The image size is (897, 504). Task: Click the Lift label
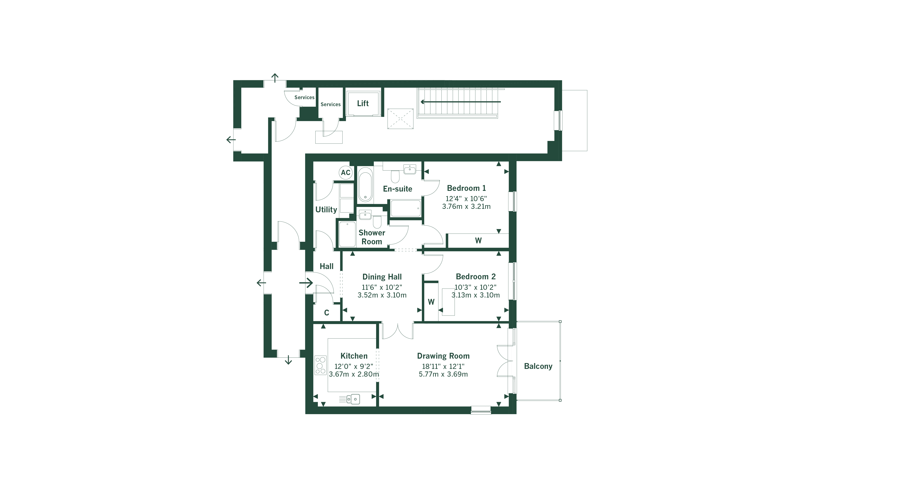tap(363, 103)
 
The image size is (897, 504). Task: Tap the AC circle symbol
tap(345, 172)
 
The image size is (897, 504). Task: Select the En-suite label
tap(397, 189)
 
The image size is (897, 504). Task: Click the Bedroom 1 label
tap(466, 188)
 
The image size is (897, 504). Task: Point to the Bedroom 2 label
tap(476, 276)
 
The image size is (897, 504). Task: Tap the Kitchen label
tap(354, 356)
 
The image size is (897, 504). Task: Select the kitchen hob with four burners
tap(320, 365)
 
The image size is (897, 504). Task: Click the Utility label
tap(326, 209)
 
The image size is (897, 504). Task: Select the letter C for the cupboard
tap(327, 313)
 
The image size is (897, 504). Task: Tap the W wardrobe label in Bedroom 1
tap(478, 240)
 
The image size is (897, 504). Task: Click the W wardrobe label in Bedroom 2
tap(431, 302)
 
